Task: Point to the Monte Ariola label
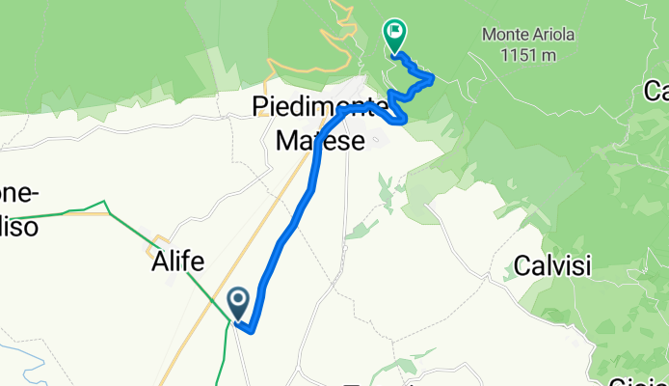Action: [x=524, y=35]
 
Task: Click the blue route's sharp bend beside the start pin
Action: [x=252, y=331]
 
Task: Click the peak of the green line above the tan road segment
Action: [x=105, y=202]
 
